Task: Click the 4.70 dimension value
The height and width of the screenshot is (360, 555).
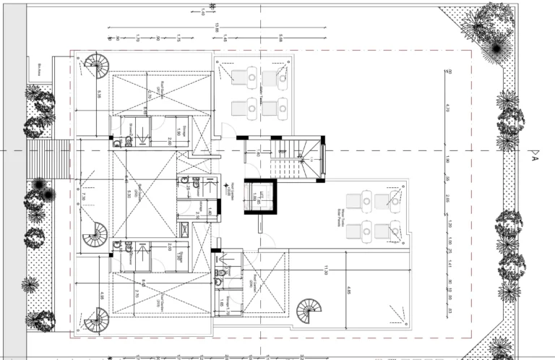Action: coord(448,108)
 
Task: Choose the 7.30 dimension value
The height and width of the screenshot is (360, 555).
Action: coord(84,196)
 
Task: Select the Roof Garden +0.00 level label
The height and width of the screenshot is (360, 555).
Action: coord(230,189)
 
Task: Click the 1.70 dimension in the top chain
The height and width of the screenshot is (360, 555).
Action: coord(137,38)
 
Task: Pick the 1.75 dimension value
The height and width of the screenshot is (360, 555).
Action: coord(178,38)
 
